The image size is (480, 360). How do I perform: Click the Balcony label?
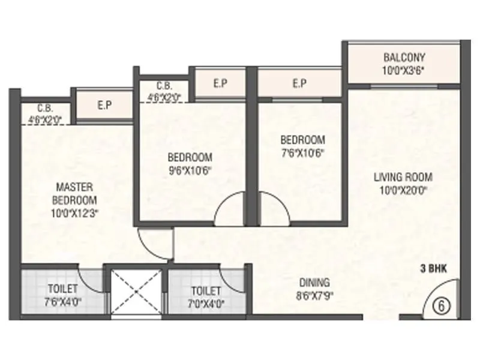pos(404,58)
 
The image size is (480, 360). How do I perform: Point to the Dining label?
pos(314,283)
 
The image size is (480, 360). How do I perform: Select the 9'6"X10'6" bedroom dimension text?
pos(190,169)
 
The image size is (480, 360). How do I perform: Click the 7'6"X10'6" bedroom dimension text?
pos(302,152)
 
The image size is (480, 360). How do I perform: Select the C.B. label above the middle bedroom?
pos(164,86)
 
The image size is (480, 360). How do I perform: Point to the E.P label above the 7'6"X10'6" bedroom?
pos(299,83)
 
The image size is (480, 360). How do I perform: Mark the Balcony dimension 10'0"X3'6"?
pos(404,69)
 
